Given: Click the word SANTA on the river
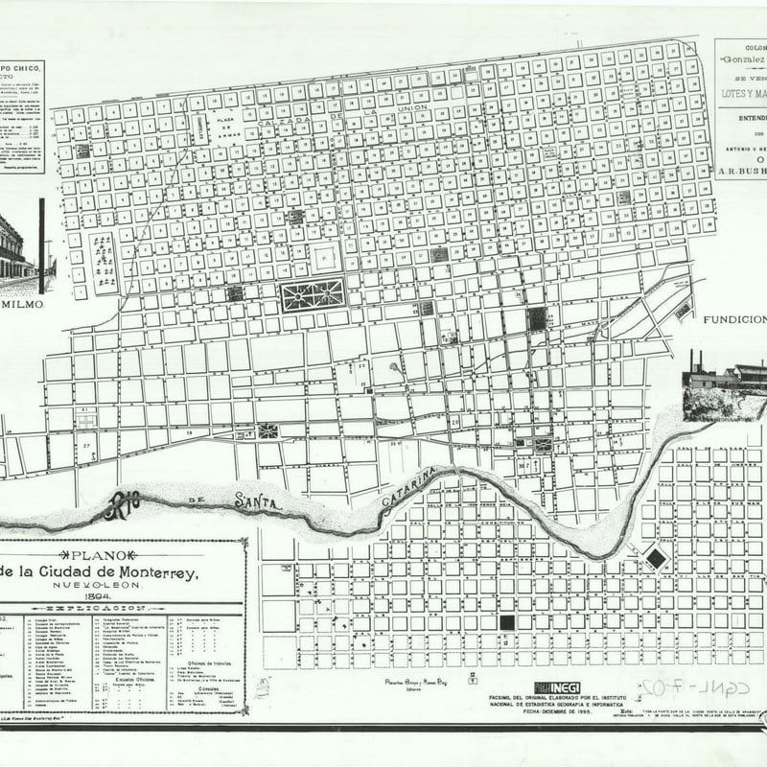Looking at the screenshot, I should [257, 500].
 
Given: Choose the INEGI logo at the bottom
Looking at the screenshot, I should [557, 687].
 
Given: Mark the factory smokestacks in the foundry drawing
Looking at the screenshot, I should [694, 361].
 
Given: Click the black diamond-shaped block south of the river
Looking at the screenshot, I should [656, 558].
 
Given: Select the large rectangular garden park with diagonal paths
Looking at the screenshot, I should [313, 294].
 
